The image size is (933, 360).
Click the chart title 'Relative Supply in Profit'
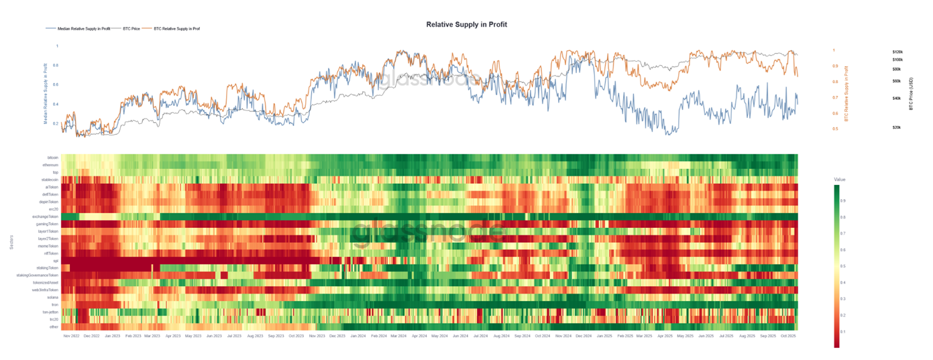click(x=466, y=24)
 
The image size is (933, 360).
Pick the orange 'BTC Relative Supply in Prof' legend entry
click(x=176, y=29)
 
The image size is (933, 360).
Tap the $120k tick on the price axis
click(x=897, y=52)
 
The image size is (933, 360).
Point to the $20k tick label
click(x=896, y=127)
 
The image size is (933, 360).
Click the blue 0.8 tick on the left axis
click(x=56, y=65)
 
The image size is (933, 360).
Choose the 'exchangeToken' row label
click(x=46, y=217)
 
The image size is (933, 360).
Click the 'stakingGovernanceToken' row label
click(x=38, y=275)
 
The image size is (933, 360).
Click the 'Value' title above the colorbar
click(x=840, y=180)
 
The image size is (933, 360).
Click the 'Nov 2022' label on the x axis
click(x=71, y=335)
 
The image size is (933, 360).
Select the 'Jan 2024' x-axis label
click(x=358, y=335)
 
